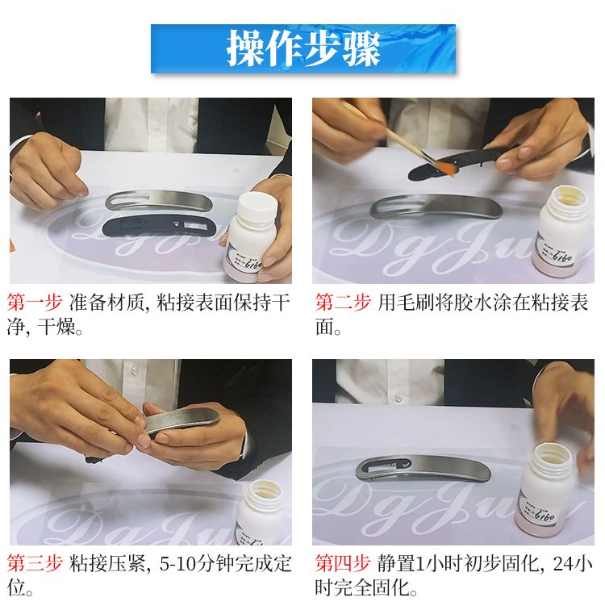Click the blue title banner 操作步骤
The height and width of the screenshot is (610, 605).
click(302, 49)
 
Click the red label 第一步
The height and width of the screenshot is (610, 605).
click(35, 303)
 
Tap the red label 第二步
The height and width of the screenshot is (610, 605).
click(343, 303)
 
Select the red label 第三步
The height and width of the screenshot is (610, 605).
click(35, 563)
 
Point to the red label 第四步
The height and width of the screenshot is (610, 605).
click(343, 563)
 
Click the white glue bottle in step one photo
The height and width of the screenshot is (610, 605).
click(252, 238)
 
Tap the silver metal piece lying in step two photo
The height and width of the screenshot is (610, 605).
click(436, 207)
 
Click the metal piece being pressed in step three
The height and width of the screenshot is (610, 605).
click(181, 420)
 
